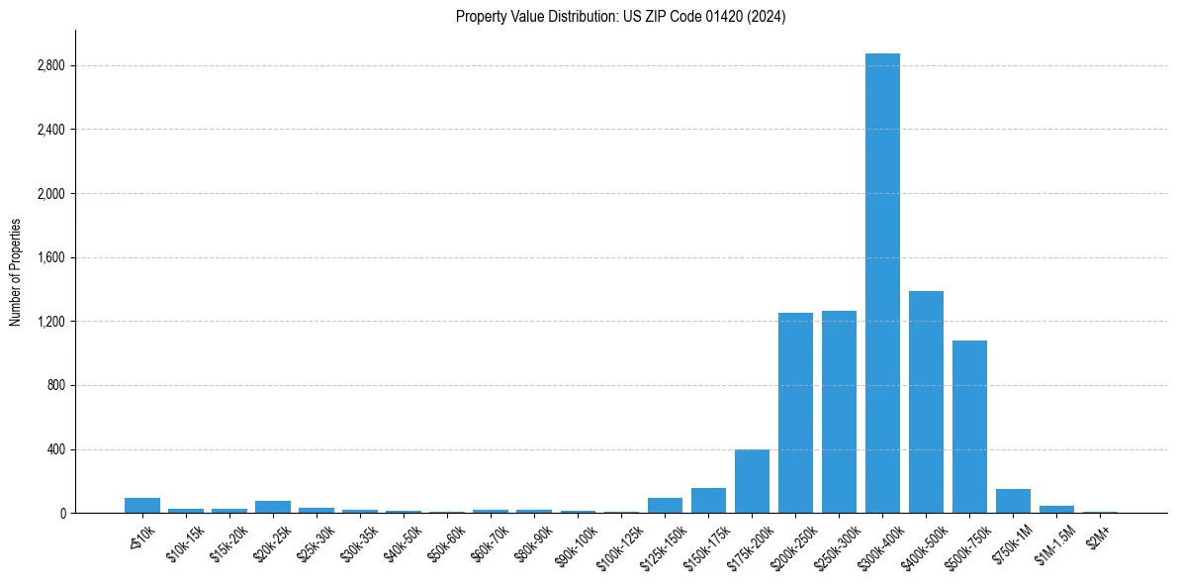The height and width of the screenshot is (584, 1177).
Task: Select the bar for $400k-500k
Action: pos(926,402)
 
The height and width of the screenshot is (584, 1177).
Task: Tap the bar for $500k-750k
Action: pos(969,427)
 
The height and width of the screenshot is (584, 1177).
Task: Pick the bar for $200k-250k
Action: pos(795,413)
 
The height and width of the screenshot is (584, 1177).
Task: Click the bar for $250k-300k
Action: pos(839,412)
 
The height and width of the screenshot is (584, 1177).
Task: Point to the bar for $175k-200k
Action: pos(752,481)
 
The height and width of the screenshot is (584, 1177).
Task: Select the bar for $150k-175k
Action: pos(708,501)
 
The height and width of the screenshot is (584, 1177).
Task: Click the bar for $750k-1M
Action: pos(1013,501)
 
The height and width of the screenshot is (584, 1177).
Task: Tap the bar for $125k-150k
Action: pos(665,506)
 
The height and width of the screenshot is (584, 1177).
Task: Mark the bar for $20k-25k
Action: pos(273,507)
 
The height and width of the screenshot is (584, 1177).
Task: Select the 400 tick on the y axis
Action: pos(55,449)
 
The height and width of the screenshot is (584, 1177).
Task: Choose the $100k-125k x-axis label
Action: pos(617,545)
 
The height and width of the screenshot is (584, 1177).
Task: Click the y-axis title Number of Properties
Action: pos(15,272)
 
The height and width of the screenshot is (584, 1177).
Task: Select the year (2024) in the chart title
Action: pos(768,17)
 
